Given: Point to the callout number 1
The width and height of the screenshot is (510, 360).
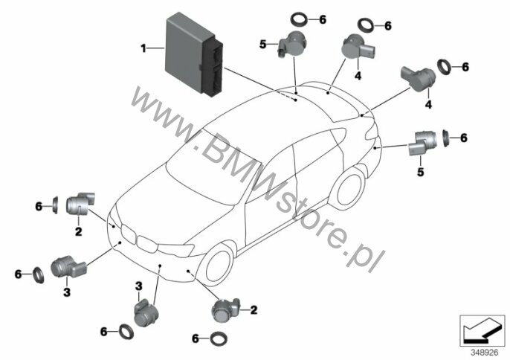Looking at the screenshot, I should (x=143, y=48).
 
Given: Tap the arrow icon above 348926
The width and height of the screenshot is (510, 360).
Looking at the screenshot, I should (x=479, y=329).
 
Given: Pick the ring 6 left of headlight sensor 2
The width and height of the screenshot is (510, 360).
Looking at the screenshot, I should (x=55, y=203).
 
